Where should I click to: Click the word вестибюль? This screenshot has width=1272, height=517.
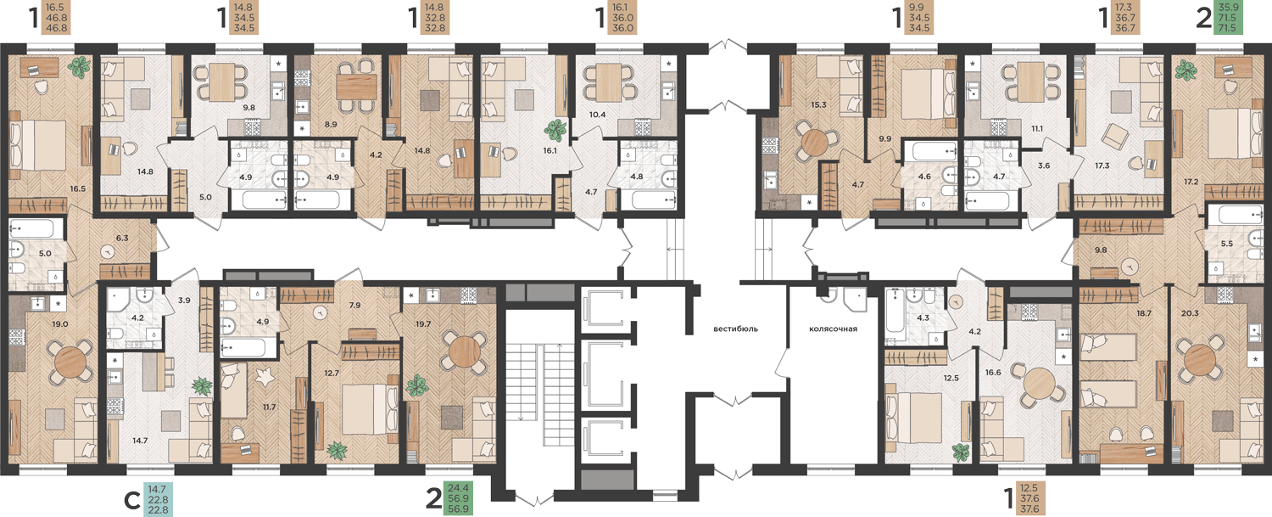pyautogui.click(x=735, y=329)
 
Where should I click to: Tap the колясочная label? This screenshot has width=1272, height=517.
pyautogui.click(x=833, y=329)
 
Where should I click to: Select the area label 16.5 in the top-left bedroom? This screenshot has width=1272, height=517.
pyautogui.click(x=78, y=188)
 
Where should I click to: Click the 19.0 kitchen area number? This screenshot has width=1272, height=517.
pyautogui.click(x=60, y=324)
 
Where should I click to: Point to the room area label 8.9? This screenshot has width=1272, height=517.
pyautogui.click(x=331, y=124)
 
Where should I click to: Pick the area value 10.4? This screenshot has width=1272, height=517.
pyautogui.click(x=597, y=115)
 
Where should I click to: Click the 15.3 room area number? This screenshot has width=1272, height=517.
pyautogui.click(x=818, y=104)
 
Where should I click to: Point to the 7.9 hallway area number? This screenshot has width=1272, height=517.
pyautogui.click(x=355, y=305)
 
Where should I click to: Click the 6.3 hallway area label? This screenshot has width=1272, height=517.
pyautogui.click(x=122, y=238)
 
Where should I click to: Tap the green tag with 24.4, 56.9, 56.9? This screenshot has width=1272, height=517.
pyautogui.click(x=458, y=498)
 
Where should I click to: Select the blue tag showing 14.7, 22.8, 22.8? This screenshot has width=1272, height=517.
pyautogui.click(x=158, y=499)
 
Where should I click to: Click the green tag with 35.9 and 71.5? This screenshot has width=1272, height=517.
pyautogui.click(x=1227, y=18)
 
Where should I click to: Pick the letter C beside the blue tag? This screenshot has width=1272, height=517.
pyautogui.click(x=132, y=501)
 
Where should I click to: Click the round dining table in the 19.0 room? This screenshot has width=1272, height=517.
pyautogui.click(x=70, y=360)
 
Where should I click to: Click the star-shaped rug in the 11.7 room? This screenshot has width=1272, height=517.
pyautogui.click(x=264, y=377)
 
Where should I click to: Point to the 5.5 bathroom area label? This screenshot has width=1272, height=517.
pyautogui.click(x=1222, y=244)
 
